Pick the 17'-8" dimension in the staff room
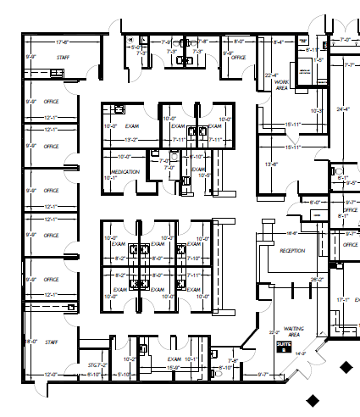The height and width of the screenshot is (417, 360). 62,42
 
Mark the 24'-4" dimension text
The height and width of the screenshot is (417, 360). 342,109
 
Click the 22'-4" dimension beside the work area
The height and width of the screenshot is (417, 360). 271,75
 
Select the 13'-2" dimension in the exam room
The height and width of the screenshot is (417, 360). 131,139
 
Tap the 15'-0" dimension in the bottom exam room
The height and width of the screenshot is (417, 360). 172,368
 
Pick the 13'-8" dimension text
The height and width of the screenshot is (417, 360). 272,164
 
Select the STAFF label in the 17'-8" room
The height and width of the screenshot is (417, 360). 62,58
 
